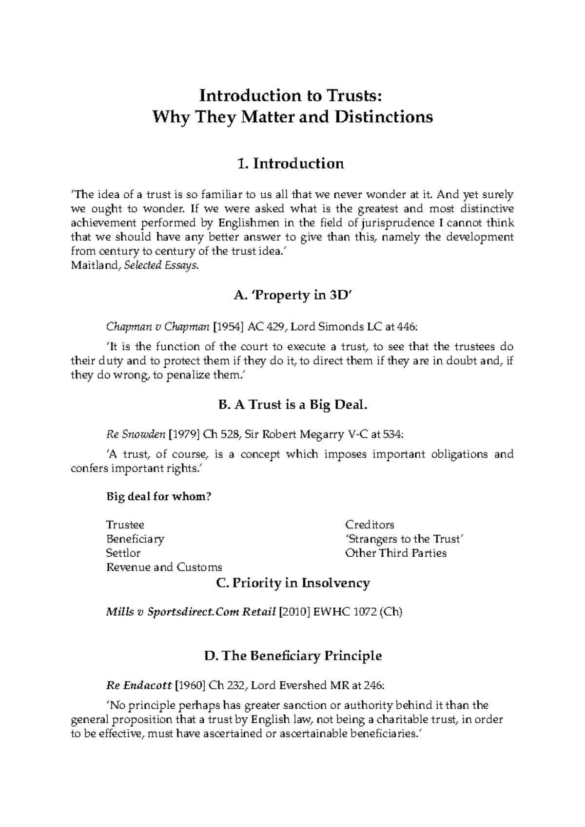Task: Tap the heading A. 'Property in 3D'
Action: click(292, 295)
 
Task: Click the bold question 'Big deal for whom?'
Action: click(159, 497)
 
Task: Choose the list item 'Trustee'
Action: click(125, 525)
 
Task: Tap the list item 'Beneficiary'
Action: click(135, 539)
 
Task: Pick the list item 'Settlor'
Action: click(123, 553)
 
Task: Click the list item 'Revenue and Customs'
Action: click(164, 567)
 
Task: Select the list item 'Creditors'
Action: click(370, 525)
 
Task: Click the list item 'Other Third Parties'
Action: click(396, 553)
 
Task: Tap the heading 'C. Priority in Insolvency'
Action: click(292, 583)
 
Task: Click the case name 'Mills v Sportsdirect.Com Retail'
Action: click(191, 613)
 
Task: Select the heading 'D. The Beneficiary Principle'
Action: click(292, 656)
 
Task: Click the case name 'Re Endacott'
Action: click(138, 686)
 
